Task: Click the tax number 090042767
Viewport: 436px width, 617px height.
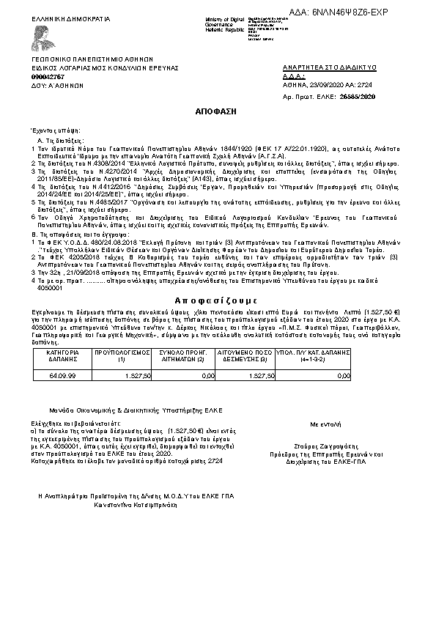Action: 48,76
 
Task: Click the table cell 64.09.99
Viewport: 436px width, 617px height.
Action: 62,375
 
